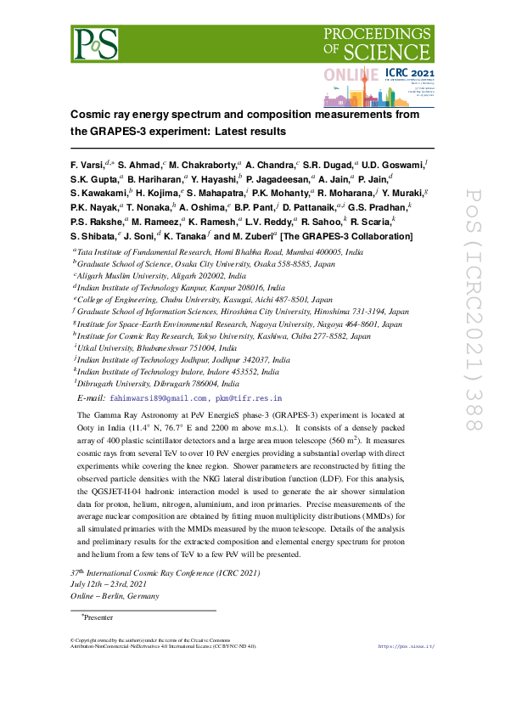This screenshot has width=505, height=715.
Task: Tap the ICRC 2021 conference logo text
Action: [409, 74]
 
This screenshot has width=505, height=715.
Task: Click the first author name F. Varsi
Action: [90, 163]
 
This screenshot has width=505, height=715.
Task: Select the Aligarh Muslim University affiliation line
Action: [161, 276]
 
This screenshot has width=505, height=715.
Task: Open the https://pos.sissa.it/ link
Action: [406, 646]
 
